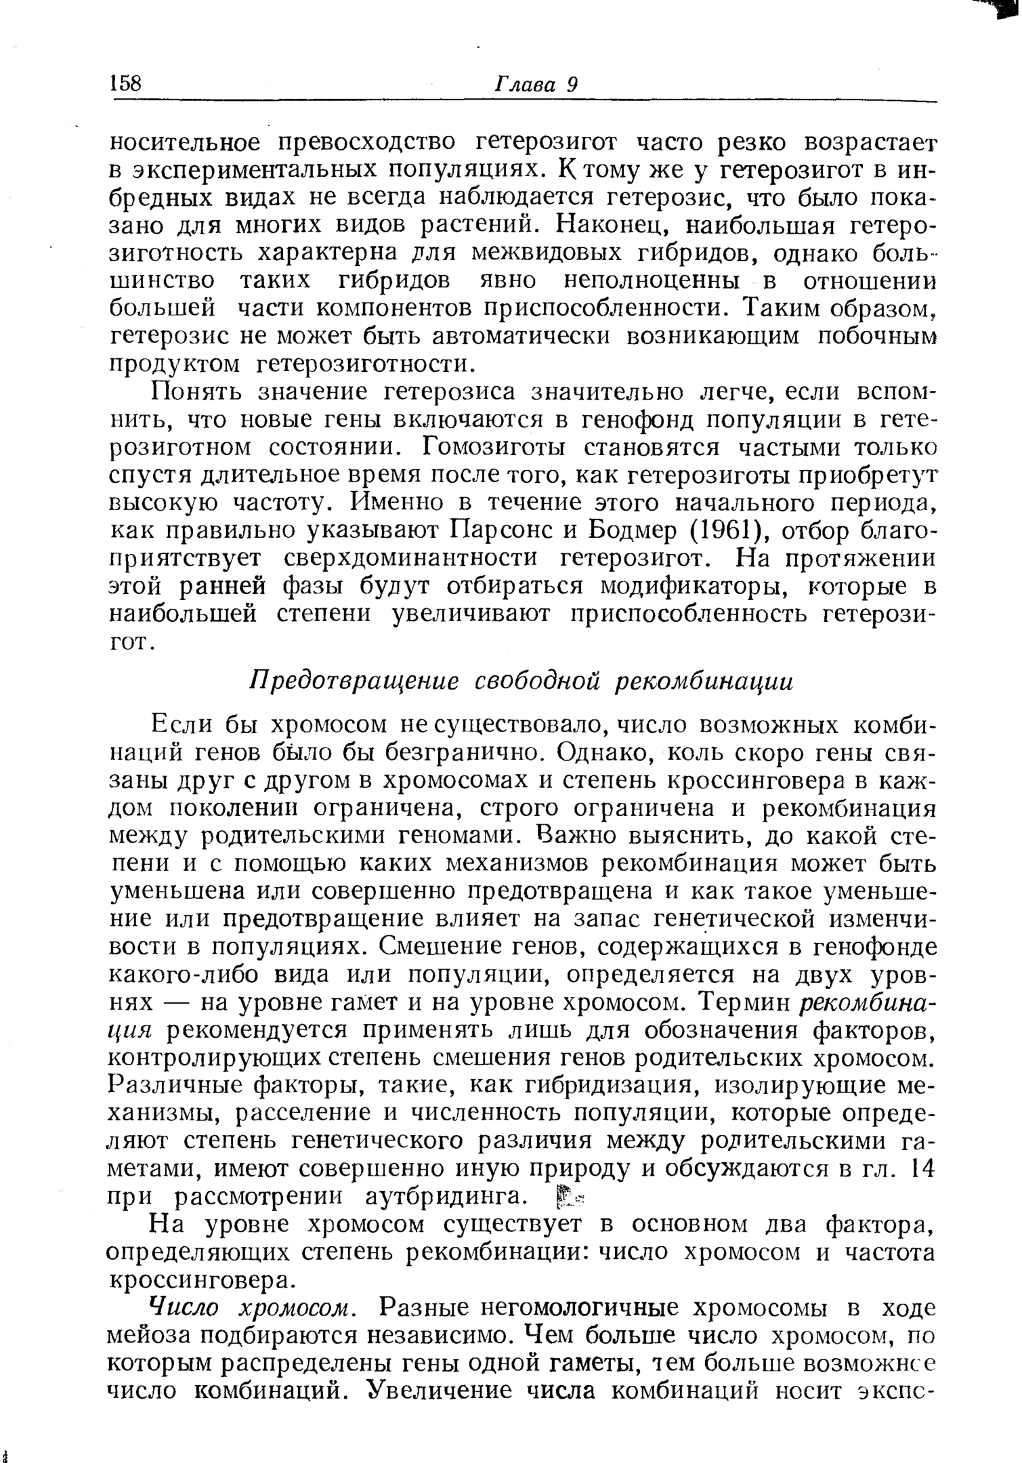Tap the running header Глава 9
(x=535, y=84)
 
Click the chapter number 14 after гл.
(x=924, y=1168)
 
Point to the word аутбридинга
(x=446, y=1197)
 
